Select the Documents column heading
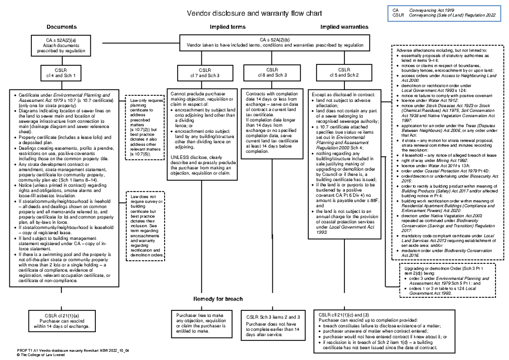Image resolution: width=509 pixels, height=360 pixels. pyautogui.click(x=62, y=27)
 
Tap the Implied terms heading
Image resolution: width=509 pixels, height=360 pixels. pyautogui.click(x=228, y=27)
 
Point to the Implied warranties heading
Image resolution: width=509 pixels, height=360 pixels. pyautogui.click(x=344, y=27)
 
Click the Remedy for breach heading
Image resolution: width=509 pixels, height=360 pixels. pyautogui.click(x=218, y=299)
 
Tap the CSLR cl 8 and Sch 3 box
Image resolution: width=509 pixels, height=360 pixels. pyautogui.click(x=272, y=73)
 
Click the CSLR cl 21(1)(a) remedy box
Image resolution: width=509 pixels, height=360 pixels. pyautogui.click(x=62, y=321)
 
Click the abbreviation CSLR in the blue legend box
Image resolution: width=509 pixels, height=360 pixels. pyautogui.click(x=397, y=15)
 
